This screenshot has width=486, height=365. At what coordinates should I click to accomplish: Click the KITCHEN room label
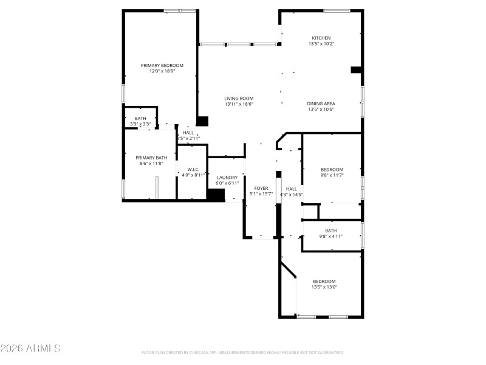pos(321,38)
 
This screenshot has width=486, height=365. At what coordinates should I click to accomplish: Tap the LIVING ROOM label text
pos(239,99)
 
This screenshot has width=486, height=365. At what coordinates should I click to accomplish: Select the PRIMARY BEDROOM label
pos(162,66)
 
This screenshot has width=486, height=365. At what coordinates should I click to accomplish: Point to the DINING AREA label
pos(321,104)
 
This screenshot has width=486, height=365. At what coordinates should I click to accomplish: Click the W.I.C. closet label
pos(193,170)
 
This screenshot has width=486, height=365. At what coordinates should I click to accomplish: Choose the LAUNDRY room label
pos(227,178)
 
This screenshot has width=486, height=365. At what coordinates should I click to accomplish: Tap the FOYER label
pos(261,189)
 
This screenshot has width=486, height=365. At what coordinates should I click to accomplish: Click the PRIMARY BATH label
pos(151,158)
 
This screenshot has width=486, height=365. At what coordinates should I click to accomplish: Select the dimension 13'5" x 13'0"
pos(324,287)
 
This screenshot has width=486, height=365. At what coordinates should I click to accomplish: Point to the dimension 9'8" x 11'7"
pos(332,175)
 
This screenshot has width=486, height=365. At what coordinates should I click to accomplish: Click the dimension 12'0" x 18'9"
pos(162,71)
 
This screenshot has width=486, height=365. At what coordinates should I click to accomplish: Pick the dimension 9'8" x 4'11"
pos(330,236)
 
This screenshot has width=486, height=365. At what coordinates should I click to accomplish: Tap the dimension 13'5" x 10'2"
pos(321,44)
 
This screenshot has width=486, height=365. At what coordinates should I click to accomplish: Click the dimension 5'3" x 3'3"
pos(140,124)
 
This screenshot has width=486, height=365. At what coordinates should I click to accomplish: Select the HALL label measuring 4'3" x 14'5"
pos(292,189)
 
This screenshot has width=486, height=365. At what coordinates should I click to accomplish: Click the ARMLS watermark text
pos(30,349)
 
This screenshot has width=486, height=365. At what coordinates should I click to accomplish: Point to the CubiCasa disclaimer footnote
pos(243,352)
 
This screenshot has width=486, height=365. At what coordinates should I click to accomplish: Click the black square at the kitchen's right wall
pos(357,70)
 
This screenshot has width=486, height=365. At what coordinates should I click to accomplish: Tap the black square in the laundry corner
pos(215,195)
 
